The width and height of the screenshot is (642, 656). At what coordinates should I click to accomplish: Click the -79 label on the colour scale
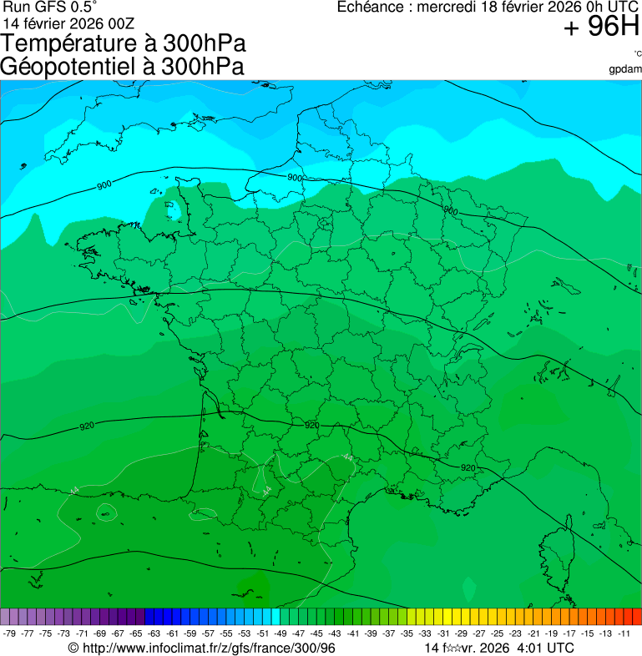(10, 633)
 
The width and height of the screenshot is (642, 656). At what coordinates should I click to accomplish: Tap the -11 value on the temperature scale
(624, 633)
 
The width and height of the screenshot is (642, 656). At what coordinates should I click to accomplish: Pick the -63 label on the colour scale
(154, 633)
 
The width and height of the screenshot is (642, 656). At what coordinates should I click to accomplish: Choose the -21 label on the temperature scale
(533, 633)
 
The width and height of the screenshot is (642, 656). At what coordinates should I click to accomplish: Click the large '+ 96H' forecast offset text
(601, 28)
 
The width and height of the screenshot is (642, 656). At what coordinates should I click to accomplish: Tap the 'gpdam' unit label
(625, 68)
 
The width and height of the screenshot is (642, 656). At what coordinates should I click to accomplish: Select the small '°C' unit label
(637, 53)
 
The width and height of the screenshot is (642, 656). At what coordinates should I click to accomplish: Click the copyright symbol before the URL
(73, 648)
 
